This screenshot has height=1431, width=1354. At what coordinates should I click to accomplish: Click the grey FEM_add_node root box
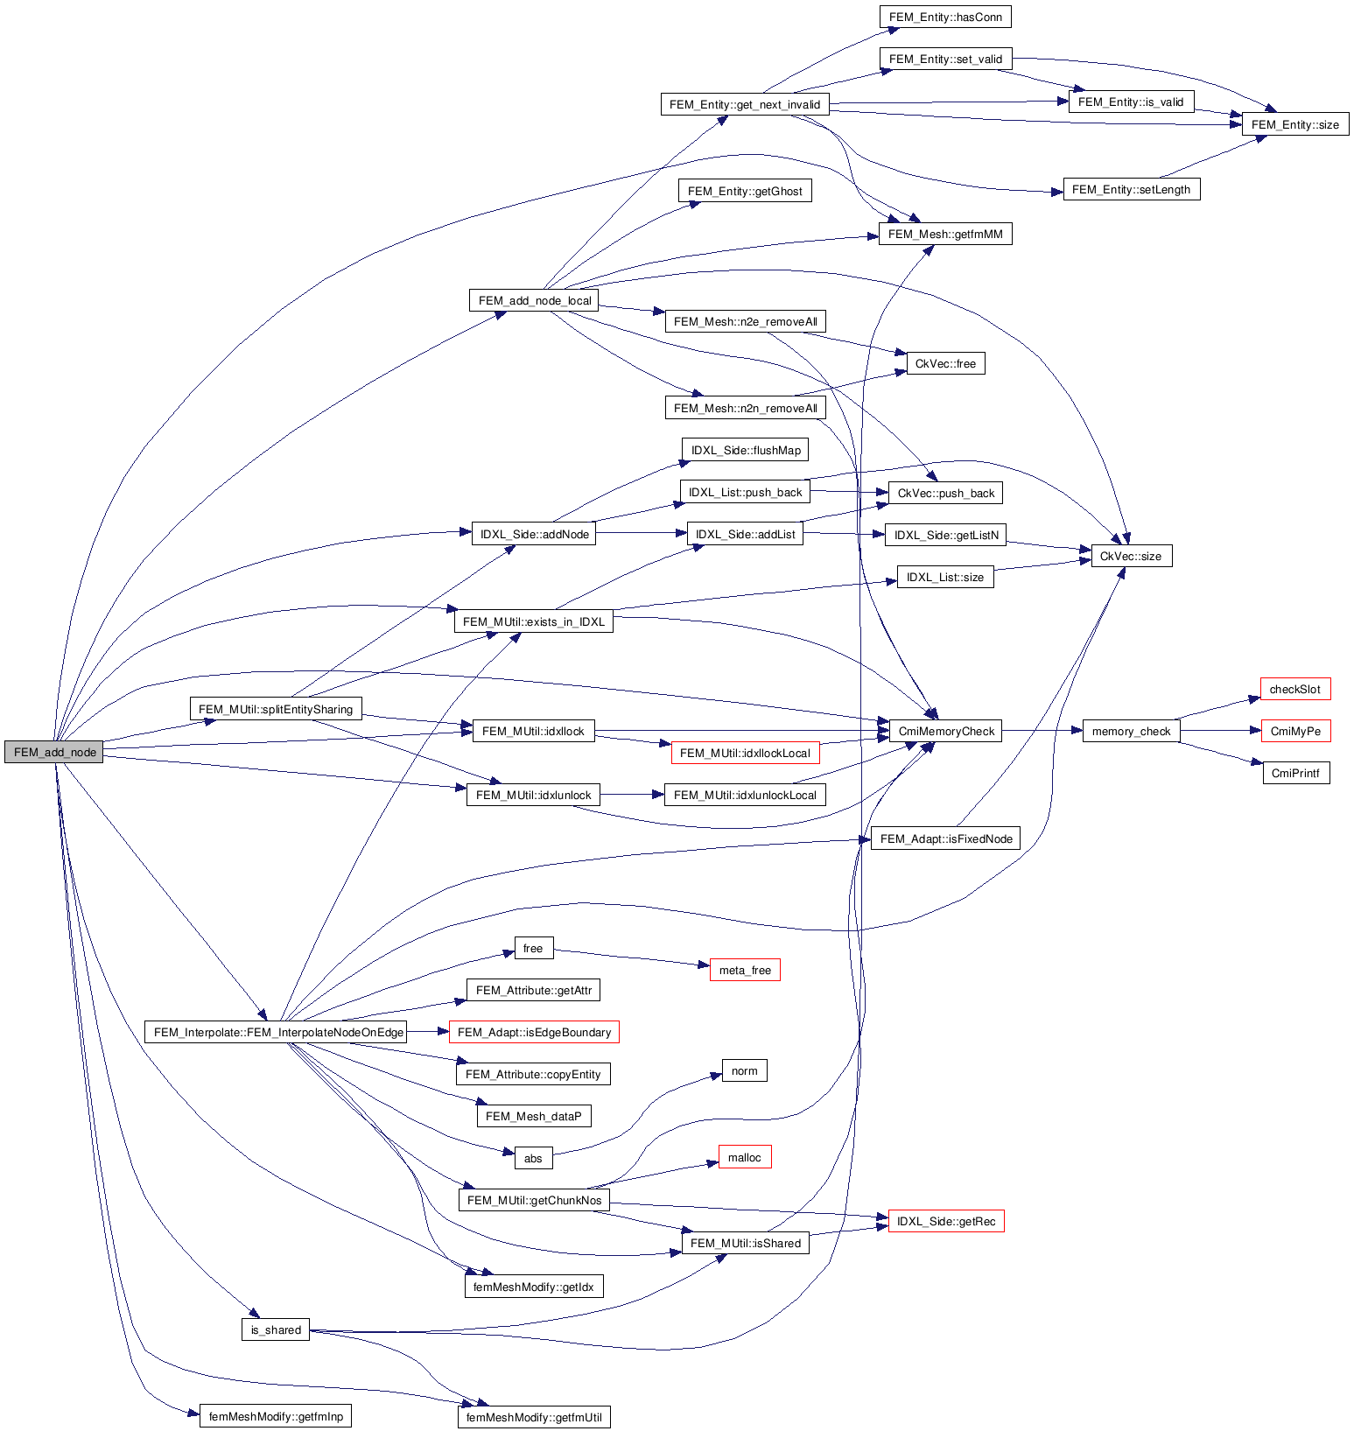coord(53,752)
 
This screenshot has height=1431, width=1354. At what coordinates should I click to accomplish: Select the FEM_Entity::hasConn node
coord(945,17)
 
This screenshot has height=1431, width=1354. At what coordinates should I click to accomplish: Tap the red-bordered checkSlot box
coord(1294,689)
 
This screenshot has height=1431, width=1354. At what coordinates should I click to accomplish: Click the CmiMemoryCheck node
coord(946,731)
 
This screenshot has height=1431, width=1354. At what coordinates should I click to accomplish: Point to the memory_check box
coord(1131,731)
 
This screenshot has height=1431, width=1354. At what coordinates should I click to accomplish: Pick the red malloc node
coord(744,1157)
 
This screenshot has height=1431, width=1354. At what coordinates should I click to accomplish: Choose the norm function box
coord(744,1070)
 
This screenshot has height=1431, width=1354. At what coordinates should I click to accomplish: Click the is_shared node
coord(276,1329)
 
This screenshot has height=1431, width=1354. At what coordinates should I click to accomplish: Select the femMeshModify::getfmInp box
coord(276,1416)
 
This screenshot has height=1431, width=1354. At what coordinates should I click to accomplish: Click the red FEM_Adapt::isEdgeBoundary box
coord(534,1032)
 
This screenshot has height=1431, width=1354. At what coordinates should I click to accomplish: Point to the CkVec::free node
coord(945,363)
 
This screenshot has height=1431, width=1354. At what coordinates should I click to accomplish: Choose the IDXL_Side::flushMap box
coord(746,450)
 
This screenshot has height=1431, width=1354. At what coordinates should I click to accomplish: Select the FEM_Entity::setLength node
coord(1131,189)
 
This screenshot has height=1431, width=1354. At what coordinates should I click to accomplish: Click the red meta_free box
coord(744,970)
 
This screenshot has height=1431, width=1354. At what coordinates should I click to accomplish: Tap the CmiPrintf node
coord(1295,773)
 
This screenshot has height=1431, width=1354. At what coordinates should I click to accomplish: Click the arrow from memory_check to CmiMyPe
coord(1220,731)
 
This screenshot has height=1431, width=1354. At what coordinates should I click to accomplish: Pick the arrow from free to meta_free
coord(630,958)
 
